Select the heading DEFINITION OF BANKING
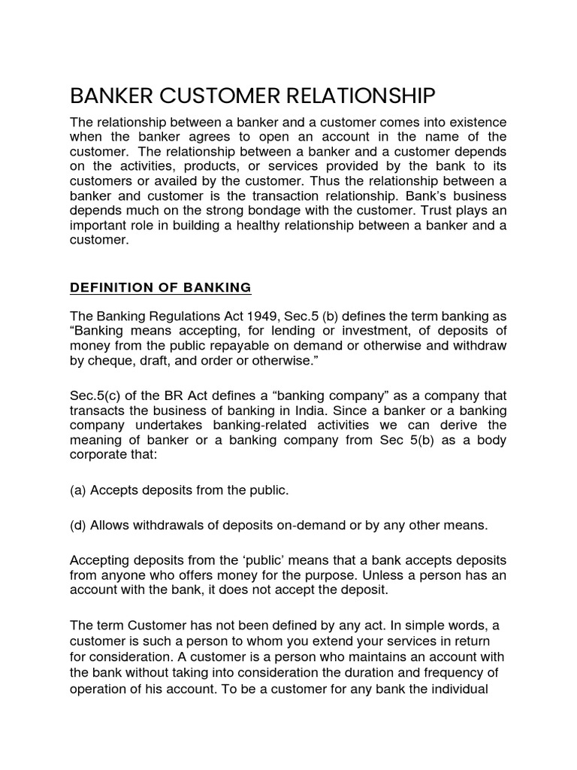tap(160, 287)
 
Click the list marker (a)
tap(78, 490)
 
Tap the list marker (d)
tap(78, 526)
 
